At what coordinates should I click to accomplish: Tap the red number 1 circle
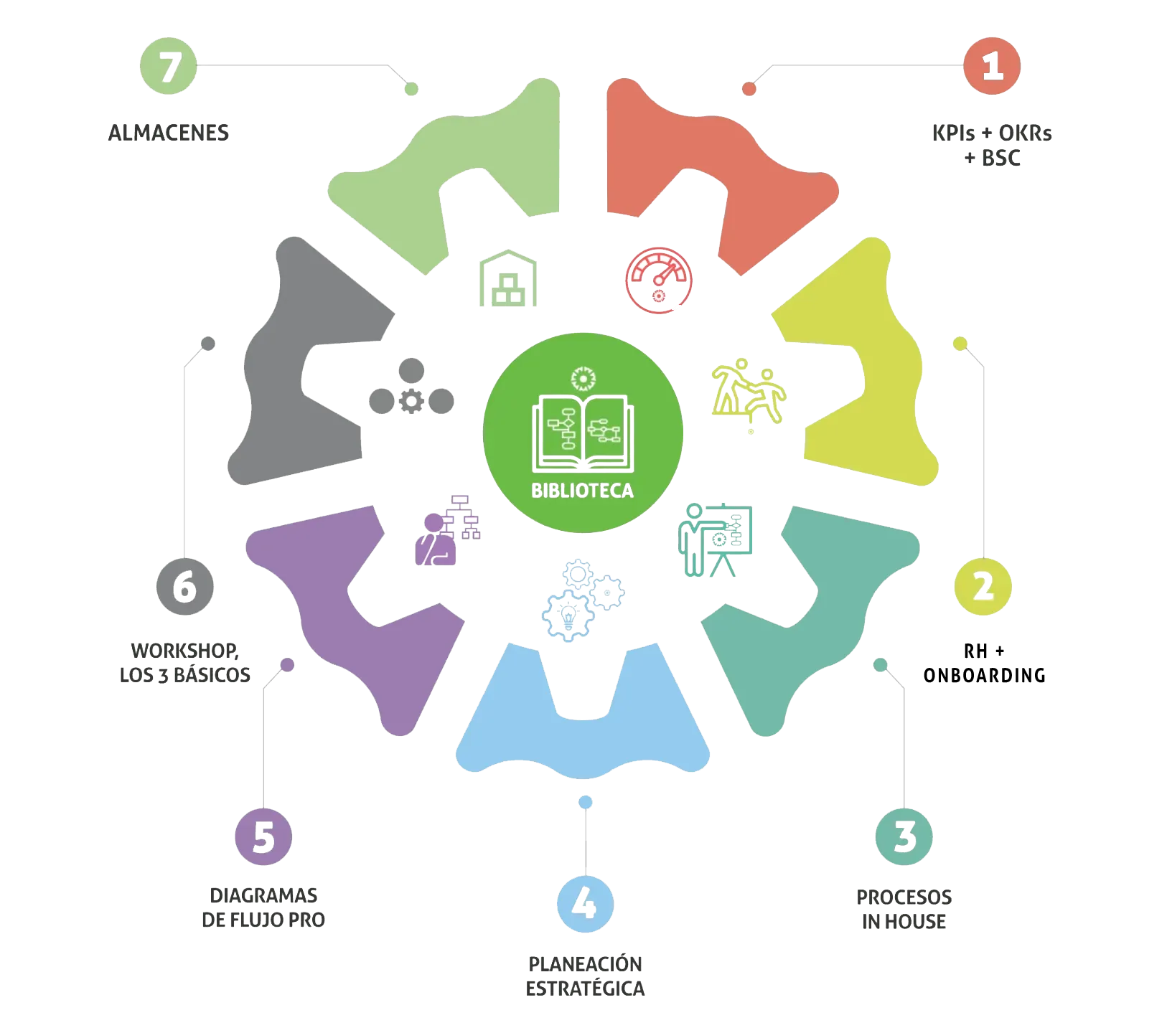(992, 66)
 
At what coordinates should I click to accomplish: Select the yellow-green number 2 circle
(983, 587)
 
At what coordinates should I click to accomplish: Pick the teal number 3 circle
(904, 836)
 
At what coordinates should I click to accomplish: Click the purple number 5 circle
(263, 836)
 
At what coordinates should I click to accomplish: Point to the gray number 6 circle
(185, 587)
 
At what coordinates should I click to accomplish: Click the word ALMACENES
(169, 133)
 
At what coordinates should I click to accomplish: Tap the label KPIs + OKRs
(992, 133)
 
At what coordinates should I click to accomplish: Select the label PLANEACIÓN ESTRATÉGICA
(586, 976)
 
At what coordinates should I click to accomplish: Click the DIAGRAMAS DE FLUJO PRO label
(263, 907)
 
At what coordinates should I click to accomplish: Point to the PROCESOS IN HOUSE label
(904, 908)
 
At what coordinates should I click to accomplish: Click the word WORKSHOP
(184, 651)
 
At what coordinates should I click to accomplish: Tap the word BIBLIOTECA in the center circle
(583, 491)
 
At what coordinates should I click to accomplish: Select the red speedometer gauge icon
(658, 280)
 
